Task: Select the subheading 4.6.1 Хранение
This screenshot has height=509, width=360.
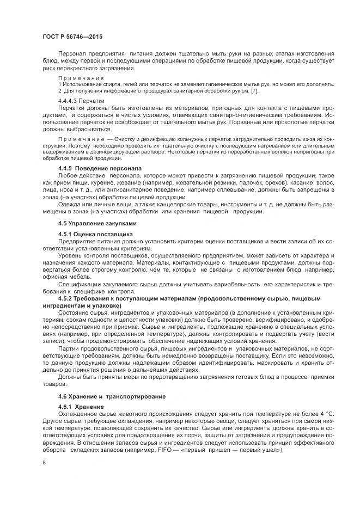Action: click(x=80, y=406)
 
